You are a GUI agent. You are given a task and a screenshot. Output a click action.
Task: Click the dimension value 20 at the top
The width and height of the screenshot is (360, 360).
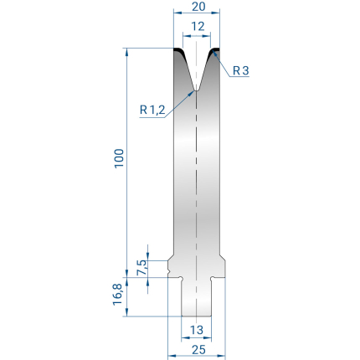tap(198, 6)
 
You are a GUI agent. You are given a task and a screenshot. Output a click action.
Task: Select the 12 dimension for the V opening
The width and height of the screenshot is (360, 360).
tap(198, 27)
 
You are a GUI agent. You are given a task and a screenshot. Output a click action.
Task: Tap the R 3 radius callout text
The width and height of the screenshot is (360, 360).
tap(240, 70)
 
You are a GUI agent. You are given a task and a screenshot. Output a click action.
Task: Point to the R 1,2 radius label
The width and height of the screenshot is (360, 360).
tap(152, 110)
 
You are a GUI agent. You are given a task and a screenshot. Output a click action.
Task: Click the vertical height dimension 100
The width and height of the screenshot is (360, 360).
tap(119, 158)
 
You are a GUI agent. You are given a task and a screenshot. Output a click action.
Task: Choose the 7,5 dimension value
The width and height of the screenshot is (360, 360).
tap(142, 267)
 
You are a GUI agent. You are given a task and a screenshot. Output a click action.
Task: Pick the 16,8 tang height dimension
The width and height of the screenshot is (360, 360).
tap(118, 295)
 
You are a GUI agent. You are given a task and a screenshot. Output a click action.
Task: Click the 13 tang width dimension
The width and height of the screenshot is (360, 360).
tap(197, 330)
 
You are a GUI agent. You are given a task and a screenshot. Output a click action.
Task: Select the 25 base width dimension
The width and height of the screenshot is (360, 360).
tap(198, 349)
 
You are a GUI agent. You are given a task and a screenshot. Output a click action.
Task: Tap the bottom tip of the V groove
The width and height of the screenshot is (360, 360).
tap(197, 90)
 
